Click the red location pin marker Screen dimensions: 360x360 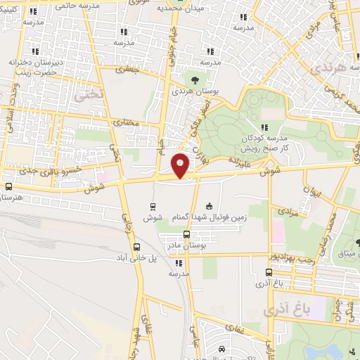click(181, 165)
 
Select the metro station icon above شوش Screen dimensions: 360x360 click(153, 206)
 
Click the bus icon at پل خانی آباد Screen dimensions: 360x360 click(136, 247)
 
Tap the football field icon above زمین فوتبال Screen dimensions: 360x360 click(209, 206)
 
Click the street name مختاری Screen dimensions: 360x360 click(127, 122)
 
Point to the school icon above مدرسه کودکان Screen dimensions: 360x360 click(265, 127)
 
